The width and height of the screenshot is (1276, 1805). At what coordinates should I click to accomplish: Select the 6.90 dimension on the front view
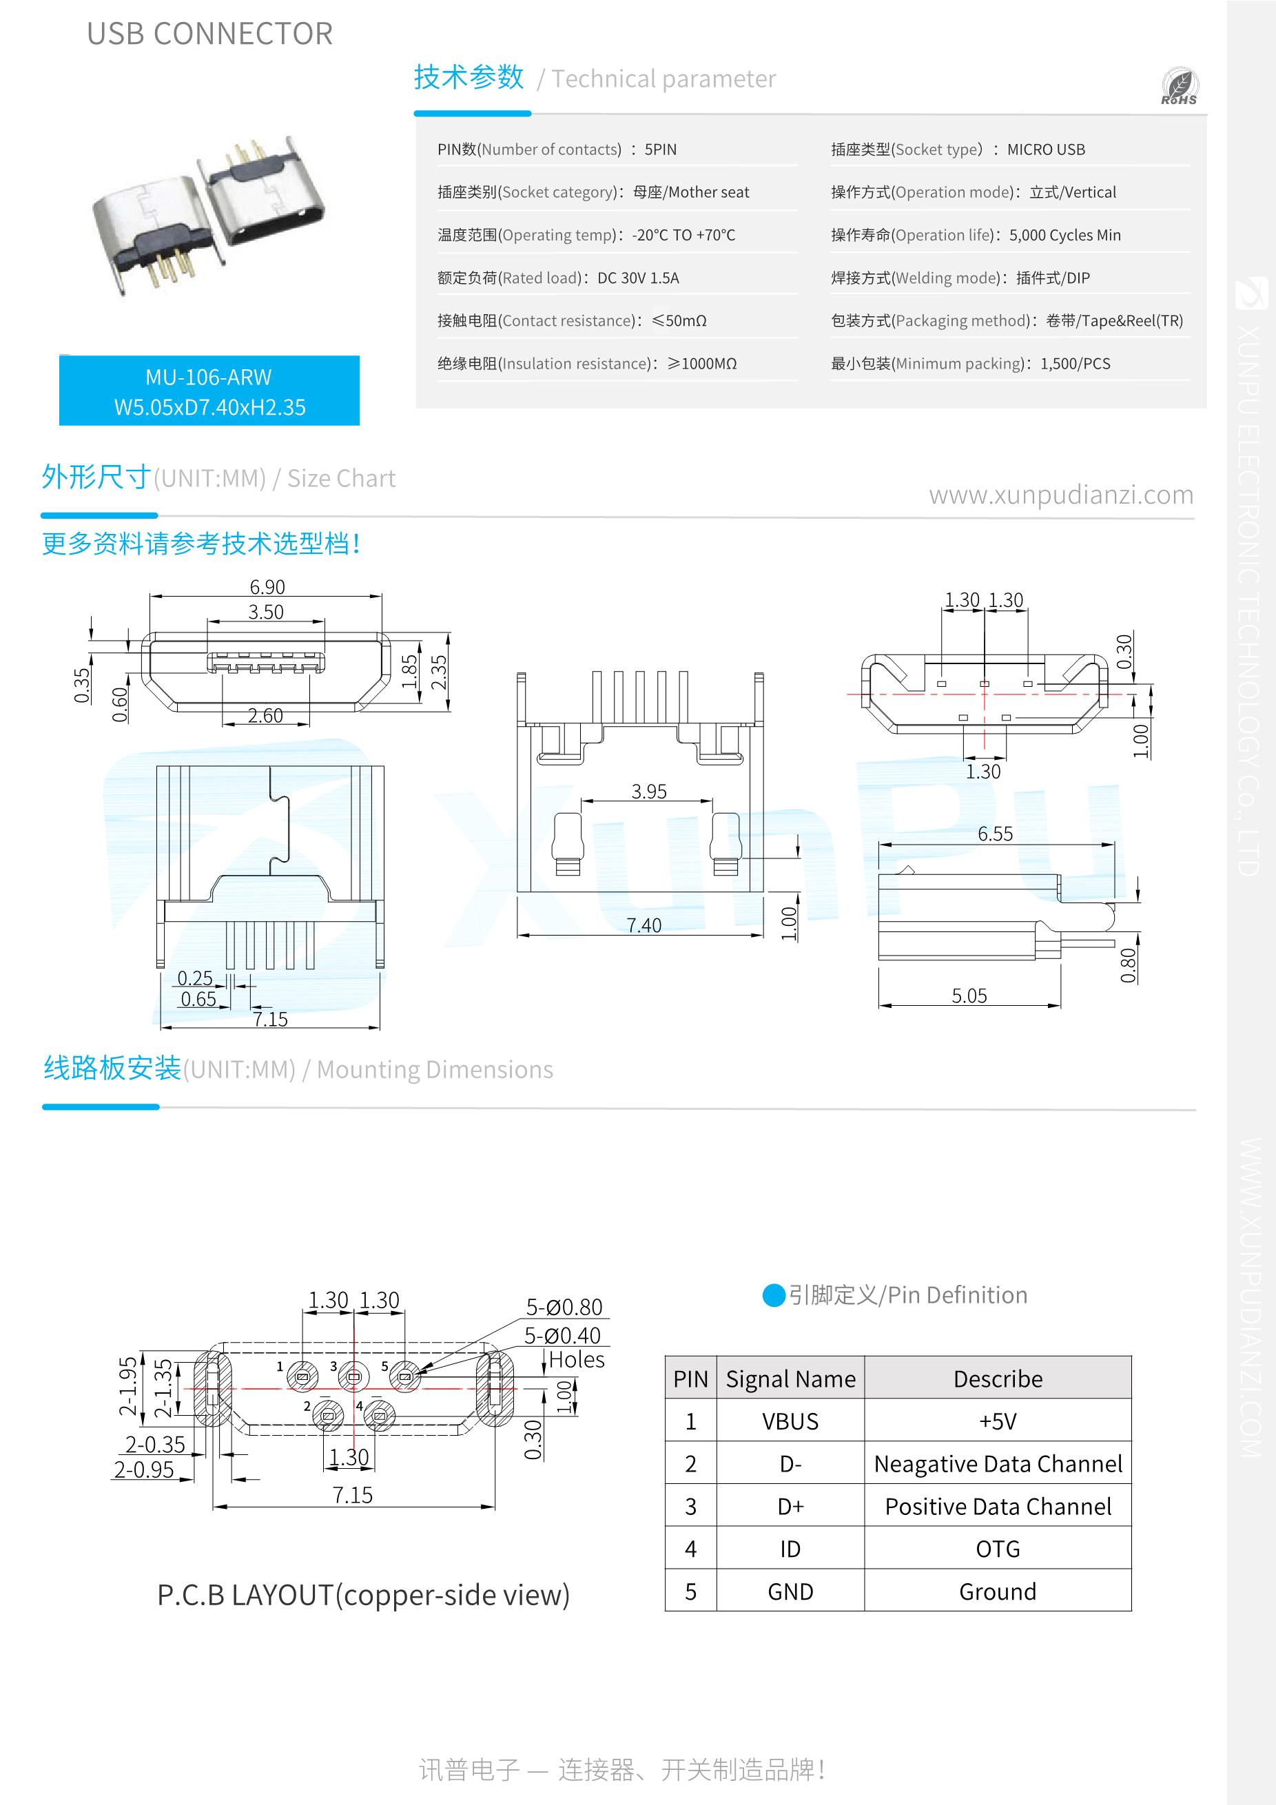point(267,587)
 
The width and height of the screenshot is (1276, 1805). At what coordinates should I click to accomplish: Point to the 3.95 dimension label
point(648,791)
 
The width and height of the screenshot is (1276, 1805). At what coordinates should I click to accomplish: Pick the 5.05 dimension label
point(969,996)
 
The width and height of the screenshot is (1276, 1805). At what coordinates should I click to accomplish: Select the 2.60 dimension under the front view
point(265,715)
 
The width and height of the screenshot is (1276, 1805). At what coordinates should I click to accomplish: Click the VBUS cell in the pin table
point(790,1421)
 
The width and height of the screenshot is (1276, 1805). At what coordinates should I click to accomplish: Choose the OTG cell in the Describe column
point(997,1549)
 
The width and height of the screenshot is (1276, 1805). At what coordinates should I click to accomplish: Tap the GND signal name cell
point(790,1591)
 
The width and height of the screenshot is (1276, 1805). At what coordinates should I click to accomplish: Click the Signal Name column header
point(790,1379)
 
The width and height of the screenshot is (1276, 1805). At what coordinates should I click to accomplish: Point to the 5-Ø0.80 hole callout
point(564,1308)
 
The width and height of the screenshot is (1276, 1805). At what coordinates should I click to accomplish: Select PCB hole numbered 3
point(353,1376)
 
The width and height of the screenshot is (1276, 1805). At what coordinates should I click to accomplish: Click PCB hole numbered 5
point(405,1376)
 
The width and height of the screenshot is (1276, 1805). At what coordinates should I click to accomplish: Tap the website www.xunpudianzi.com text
point(1060,495)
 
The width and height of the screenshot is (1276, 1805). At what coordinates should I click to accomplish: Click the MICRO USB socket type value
point(1046,149)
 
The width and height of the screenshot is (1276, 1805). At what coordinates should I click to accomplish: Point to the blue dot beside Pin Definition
point(774,1295)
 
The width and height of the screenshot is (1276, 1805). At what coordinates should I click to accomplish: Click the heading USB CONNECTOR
point(209,34)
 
